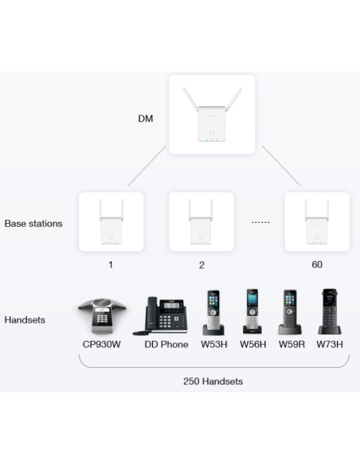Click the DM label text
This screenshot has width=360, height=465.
click(x=145, y=119)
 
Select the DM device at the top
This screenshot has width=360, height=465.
click(x=212, y=115)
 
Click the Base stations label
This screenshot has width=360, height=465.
click(x=33, y=224)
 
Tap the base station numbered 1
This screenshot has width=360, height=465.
click(x=111, y=222)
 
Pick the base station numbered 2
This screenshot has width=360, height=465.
click(x=202, y=222)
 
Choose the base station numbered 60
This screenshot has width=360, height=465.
click(x=317, y=222)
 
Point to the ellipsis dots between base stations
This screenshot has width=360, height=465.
click(x=260, y=223)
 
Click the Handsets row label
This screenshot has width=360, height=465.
click(x=25, y=320)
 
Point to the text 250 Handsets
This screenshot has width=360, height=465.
click(x=212, y=381)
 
